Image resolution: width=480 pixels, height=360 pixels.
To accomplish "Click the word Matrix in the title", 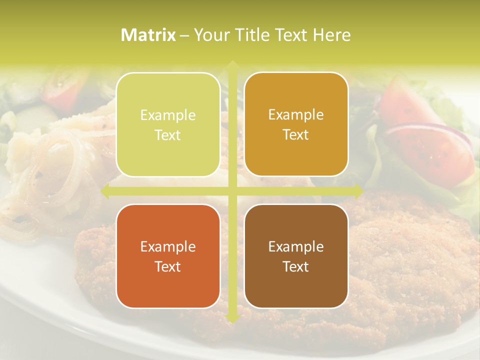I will pos(148,35).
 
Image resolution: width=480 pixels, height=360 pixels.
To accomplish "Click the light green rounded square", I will pos(168,124).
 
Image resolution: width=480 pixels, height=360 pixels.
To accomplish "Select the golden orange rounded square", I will pos(296,124).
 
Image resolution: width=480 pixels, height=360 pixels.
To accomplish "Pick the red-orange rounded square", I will pos(168,256).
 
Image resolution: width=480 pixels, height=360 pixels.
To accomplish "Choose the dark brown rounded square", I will pos(296,256).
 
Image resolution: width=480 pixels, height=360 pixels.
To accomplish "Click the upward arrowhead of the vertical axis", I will pos(232,65).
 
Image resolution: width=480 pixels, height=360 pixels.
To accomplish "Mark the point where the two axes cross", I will pos(232,190).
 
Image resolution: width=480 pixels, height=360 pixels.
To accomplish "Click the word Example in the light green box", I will pos(168,115).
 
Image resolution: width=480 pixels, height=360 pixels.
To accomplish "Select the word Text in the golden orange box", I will pos(296,135).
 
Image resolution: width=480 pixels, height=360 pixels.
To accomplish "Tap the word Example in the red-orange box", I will pos(168,246).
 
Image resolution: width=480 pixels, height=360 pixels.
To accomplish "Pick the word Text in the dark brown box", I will pos(296,266).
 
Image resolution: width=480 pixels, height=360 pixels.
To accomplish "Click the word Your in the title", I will pos(210,35).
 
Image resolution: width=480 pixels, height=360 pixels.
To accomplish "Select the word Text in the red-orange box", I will pos(168,266).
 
